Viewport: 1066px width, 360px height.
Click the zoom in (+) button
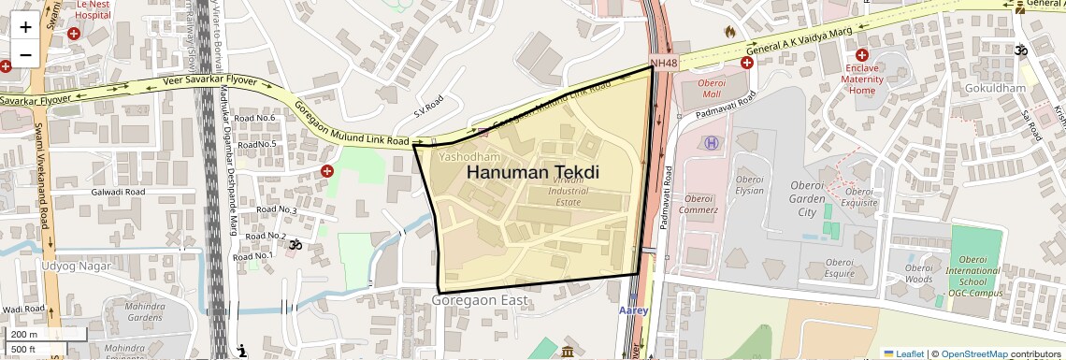pyautogui.click(x=25, y=26)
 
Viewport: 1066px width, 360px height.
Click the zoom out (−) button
pyautogui.click(x=25, y=54)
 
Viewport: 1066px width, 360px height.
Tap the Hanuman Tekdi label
pyautogui.click(x=532, y=173)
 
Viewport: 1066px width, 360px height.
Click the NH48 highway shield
pyautogui.click(x=663, y=63)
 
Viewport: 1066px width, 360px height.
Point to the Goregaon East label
pyautogui.click(x=481, y=300)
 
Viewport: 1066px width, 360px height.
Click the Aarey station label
pyautogui.click(x=633, y=310)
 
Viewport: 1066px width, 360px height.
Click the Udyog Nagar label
pyautogui.click(x=76, y=266)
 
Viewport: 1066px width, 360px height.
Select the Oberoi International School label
pyautogui.click(x=972, y=280)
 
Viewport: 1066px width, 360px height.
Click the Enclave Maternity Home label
pyautogui.click(x=861, y=79)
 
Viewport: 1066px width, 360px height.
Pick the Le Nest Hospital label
pyautogui.click(x=92, y=8)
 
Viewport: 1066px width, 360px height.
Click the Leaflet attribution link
pyautogui.click(x=903, y=353)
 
